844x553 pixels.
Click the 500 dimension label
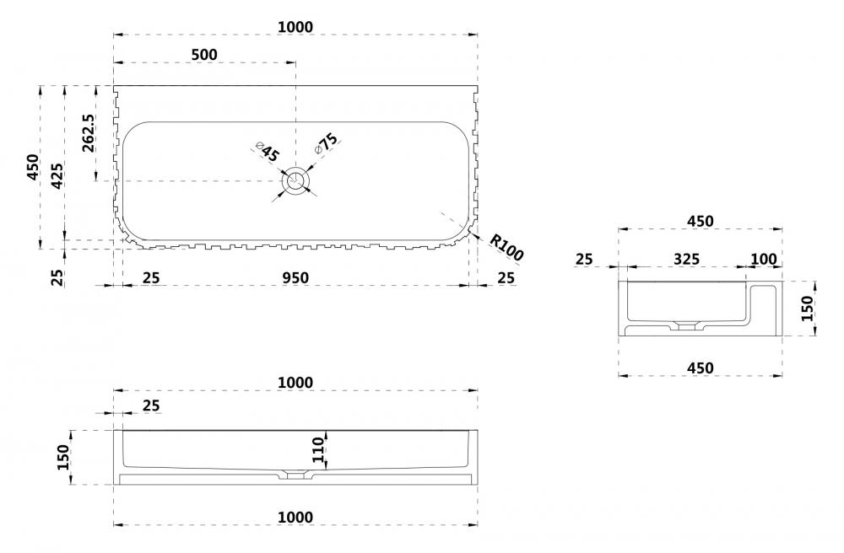pyautogui.click(x=204, y=55)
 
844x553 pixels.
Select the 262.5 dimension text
pyautogui.click(x=88, y=133)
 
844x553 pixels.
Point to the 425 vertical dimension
pyautogui.click(x=57, y=174)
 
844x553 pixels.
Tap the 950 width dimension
pyautogui.click(x=295, y=277)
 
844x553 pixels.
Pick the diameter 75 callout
pyautogui.click(x=326, y=142)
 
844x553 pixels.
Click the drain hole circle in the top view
pyautogui.click(x=296, y=180)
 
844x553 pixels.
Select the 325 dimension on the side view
pyautogui.click(x=685, y=259)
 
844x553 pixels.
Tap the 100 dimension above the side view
pyautogui.click(x=763, y=259)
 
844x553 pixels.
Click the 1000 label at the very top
pyautogui.click(x=295, y=27)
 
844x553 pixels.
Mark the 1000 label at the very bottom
pyautogui.click(x=295, y=517)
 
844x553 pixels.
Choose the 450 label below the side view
pyautogui.click(x=700, y=368)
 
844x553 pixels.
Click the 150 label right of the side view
pyautogui.click(x=806, y=308)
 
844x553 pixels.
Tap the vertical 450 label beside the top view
pyautogui.click(x=32, y=169)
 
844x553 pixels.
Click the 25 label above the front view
pyautogui.click(x=150, y=406)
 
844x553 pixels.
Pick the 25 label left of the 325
pyautogui.click(x=584, y=259)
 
